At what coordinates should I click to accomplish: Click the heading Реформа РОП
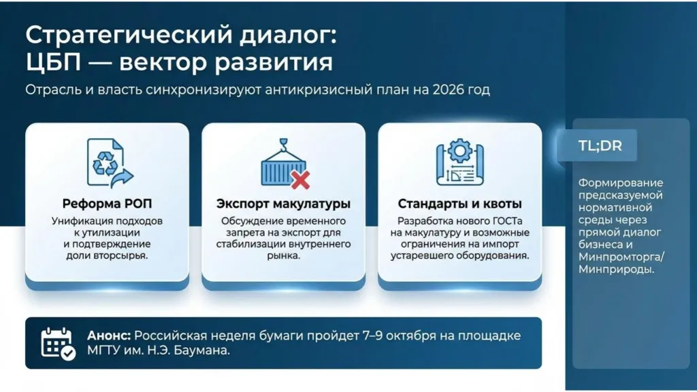click(x=107, y=203)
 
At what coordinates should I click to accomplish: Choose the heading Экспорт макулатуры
click(x=283, y=203)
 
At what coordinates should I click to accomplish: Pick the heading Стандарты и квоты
click(x=459, y=203)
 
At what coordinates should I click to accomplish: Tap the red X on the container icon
click(x=300, y=180)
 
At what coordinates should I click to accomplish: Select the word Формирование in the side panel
click(x=611, y=183)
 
